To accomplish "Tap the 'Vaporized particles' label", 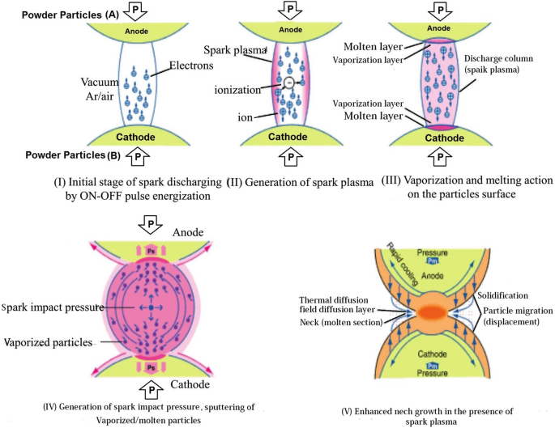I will (49, 343).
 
